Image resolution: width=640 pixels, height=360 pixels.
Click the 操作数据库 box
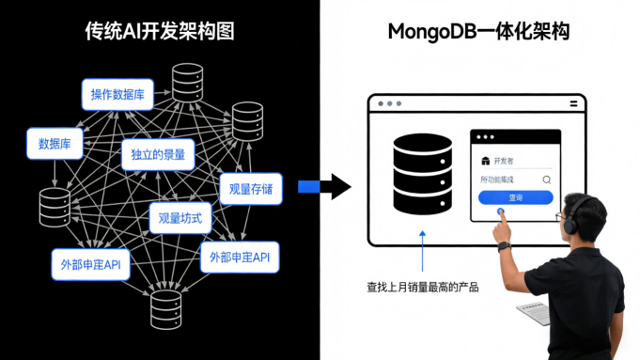pyautogui.click(x=117, y=94)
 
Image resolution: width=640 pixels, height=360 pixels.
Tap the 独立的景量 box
pyautogui.click(x=158, y=154)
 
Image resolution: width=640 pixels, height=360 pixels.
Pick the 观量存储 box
pyautogui.click(x=251, y=189)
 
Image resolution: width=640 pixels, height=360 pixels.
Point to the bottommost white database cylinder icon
pyautogui.click(x=165, y=308)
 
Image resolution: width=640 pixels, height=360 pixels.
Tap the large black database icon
pyautogui.click(x=423, y=174)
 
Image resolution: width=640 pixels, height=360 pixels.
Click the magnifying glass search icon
pyautogui.click(x=546, y=179)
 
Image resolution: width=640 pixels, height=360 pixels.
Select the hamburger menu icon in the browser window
pyautogui.click(x=573, y=103)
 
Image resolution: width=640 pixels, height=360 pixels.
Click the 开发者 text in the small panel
pyautogui.click(x=504, y=160)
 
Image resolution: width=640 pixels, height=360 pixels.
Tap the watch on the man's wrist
pyautogui.click(x=504, y=245)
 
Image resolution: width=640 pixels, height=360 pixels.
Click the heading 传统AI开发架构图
pyautogui.click(x=160, y=32)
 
